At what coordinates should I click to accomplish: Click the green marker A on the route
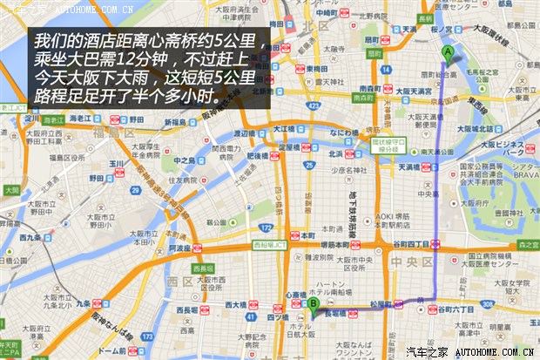click(x=448, y=51)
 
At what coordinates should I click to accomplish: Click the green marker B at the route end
click(x=313, y=303)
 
